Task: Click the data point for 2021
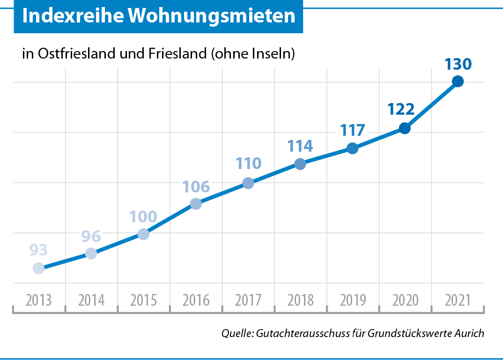(458, 81)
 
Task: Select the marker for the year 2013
(38, 268)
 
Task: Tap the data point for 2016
(196, 204)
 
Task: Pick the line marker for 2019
(353, 148)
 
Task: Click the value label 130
(458, 64)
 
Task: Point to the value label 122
(401, 110)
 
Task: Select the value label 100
(143, 217)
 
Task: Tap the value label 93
(38, 250)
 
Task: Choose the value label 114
(300, 146)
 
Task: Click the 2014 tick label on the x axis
(91, 301)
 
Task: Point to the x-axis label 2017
(248, 301)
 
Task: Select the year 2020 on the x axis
(405, 301)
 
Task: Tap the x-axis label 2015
(143, 301)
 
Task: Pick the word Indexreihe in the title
(73, 15)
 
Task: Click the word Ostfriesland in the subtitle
(77, 53)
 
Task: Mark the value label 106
(196, 187)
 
